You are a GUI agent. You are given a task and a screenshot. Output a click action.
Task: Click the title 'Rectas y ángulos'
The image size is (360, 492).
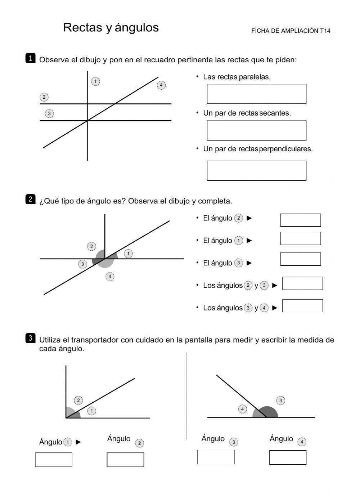[x=111, y=27]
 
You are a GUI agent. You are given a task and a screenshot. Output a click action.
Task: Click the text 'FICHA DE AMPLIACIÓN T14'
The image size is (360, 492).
[x=291, y=31]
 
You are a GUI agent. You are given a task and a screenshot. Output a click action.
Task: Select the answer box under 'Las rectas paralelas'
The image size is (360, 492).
[x=256, y=94]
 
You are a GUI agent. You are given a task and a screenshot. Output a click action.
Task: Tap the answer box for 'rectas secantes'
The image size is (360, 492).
[x=256, y=130]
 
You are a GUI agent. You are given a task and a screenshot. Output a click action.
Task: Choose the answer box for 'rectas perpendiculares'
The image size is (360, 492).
[x=256, y=170]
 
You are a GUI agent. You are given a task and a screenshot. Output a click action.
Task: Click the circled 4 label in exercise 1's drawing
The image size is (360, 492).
[x=161, y=85]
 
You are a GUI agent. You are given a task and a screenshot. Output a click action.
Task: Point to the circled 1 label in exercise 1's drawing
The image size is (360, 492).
[x=95, y=81]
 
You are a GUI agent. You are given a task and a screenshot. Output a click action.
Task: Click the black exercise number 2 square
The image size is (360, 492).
[x=30, y=199]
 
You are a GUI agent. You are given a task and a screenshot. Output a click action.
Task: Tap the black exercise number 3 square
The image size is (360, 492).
[x=30, y=338]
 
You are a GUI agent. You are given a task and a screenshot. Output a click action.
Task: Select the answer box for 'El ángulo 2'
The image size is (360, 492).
[x=300, y=220]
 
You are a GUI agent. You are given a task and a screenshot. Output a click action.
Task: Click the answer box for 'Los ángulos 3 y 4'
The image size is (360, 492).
[x=302, y=306]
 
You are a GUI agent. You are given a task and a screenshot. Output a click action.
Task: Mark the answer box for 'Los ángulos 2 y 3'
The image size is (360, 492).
[x=302, y=283]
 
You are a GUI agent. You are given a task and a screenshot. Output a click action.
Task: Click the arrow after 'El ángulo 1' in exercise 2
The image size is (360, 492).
[x=249, y=241]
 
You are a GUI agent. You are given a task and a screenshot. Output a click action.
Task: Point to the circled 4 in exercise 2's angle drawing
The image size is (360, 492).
[x=110, y=277]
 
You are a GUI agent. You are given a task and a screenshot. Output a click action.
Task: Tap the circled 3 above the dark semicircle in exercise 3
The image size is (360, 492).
[x=280, y=401]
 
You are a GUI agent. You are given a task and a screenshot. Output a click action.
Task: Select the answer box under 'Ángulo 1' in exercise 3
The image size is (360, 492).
[x=54, y=460]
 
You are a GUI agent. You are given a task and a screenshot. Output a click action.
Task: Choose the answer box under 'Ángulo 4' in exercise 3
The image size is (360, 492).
[x=288, y=457]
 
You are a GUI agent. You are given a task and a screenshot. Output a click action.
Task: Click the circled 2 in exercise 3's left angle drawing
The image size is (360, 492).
[x=78, y=400]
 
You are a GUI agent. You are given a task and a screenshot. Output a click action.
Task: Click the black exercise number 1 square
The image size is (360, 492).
[x=30, y=58]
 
